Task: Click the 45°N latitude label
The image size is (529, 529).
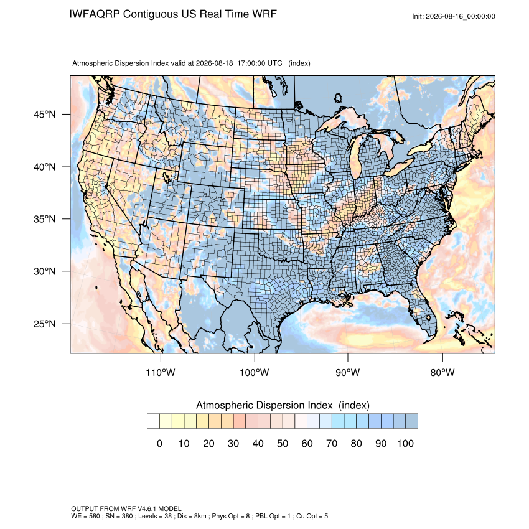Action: click(x=45, y=115)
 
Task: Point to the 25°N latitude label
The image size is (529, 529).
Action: click(x=45, y=324)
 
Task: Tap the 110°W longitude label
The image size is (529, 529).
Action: click(x=161, y=372)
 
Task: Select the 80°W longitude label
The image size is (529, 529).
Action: click(x=442, y=372)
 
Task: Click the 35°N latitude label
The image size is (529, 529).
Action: click(x=45, y=219)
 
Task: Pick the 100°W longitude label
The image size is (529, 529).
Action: click(x=255, y=372)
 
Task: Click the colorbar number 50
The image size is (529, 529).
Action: click(x=283, y=443)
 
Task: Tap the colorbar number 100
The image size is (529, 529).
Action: click(x=405, y=443)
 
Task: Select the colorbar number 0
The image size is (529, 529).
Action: click(x=159, y=443)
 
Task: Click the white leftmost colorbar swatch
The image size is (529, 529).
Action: click(x=154, y=421)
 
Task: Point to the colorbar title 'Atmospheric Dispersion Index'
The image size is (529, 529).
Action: click(x=264, y=405)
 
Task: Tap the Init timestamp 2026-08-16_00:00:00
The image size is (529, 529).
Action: click(x=461, y=17)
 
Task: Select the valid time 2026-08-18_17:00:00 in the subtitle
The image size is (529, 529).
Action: click(x=230, y=63)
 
